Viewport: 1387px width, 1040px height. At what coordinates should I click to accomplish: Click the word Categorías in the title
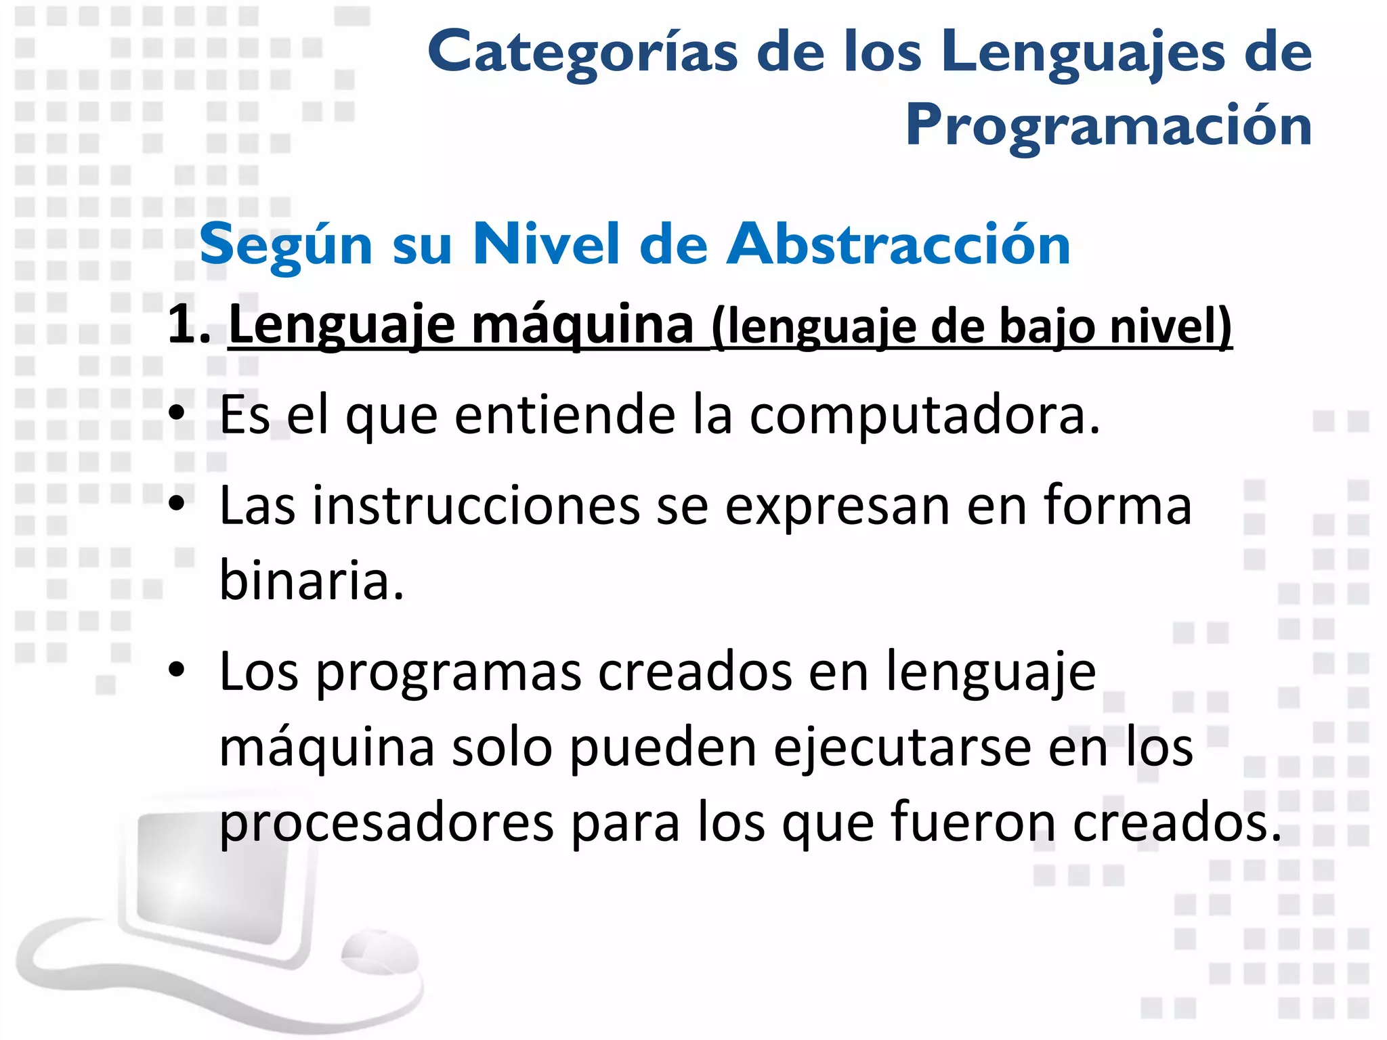click(x=582, y=53)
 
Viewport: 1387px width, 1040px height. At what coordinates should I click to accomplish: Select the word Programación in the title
click(x=1109, y=126)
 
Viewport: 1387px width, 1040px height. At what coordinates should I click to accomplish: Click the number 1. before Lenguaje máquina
click(x=189, y=325)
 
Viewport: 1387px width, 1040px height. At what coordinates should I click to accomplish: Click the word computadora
click(x=924, y=414)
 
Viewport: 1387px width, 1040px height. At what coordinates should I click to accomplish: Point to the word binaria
click(x=312, y=581)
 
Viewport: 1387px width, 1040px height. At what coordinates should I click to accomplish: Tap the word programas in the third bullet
click(x=448, y=673)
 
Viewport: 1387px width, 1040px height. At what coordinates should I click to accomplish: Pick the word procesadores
click(x=387, y=823)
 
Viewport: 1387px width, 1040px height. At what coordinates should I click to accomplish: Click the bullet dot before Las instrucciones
click(x=177, y=504)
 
